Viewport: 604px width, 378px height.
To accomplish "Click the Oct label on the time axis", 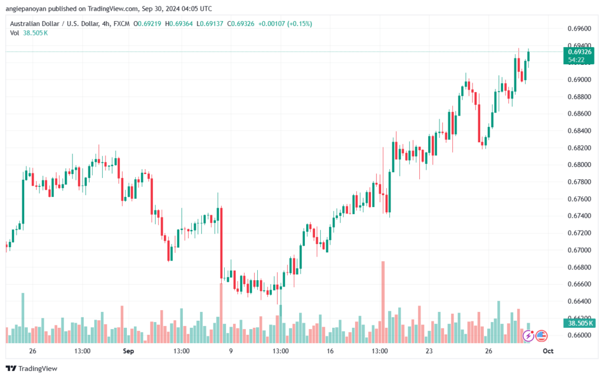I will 547,351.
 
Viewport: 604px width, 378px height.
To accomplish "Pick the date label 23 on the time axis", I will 429,351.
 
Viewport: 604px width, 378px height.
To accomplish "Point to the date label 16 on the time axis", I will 330,351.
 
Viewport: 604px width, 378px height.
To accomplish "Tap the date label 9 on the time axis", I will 231,351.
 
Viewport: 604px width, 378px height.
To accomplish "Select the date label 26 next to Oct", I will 489,351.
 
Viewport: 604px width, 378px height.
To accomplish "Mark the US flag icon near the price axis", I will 541,336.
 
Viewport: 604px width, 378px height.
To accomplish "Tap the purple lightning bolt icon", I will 529,336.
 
